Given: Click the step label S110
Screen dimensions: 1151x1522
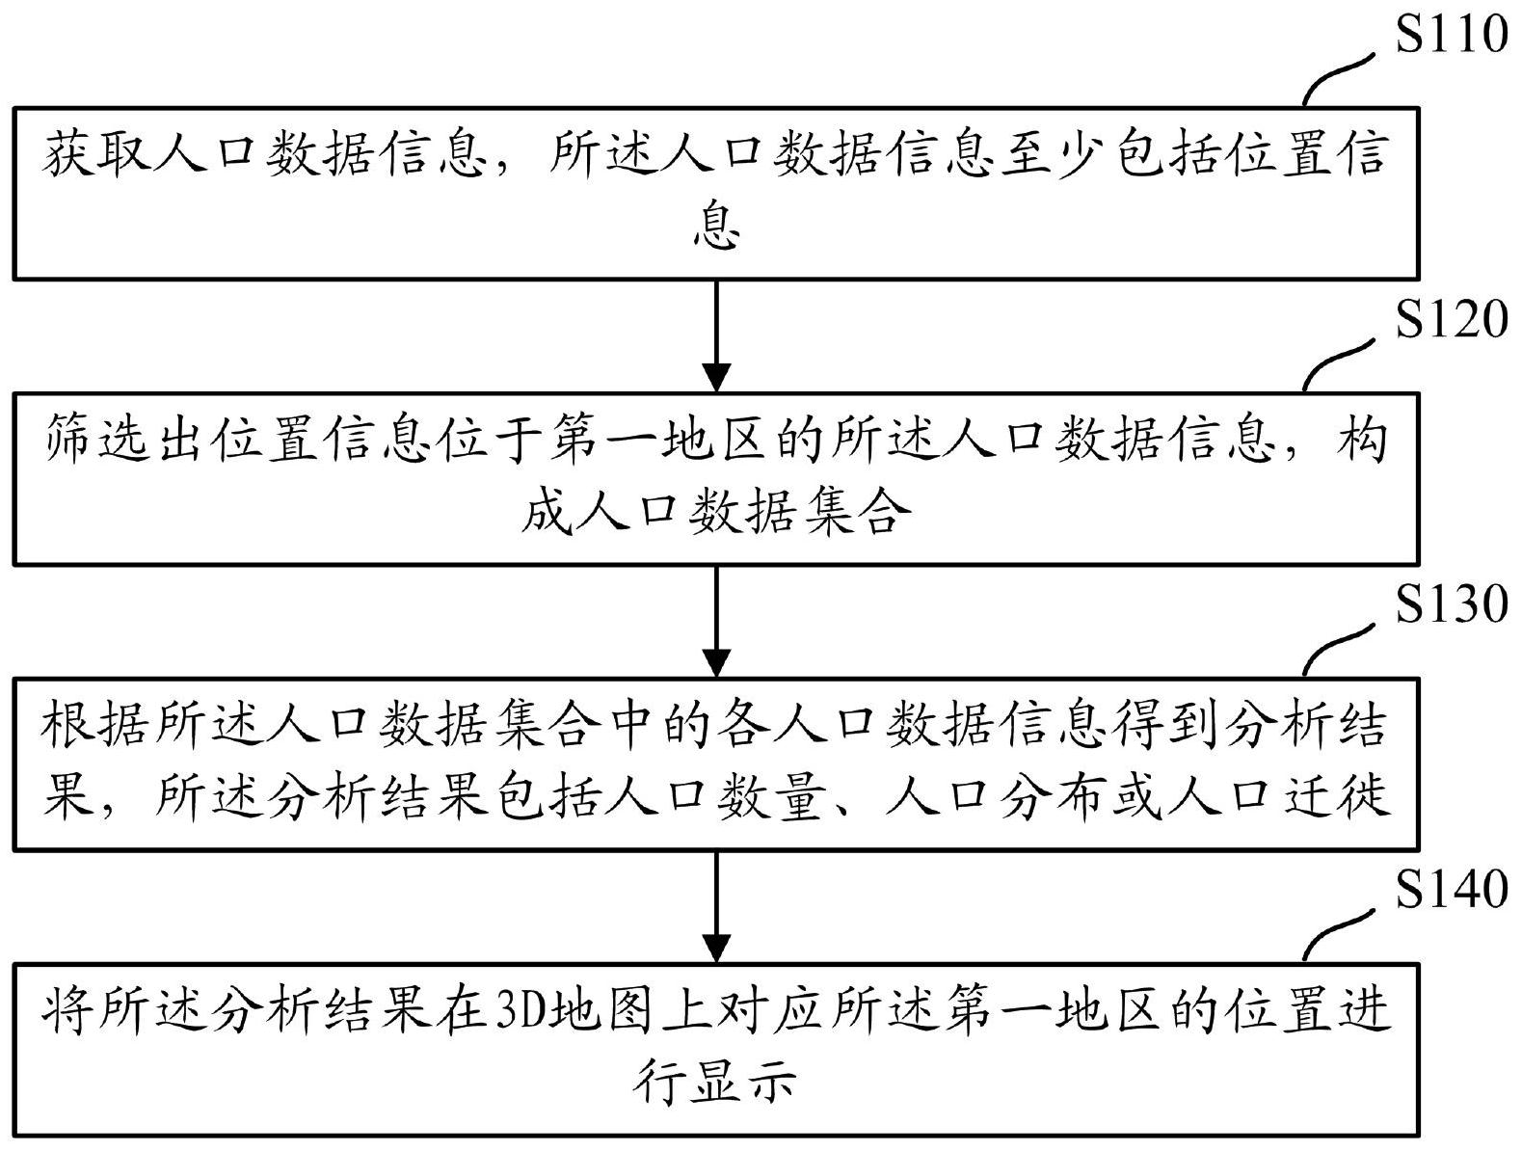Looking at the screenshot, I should point(1451,35).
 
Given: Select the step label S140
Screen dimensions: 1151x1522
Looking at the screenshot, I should point(1451,890).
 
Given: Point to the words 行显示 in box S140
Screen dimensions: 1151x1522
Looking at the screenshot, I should point(716,1083).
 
